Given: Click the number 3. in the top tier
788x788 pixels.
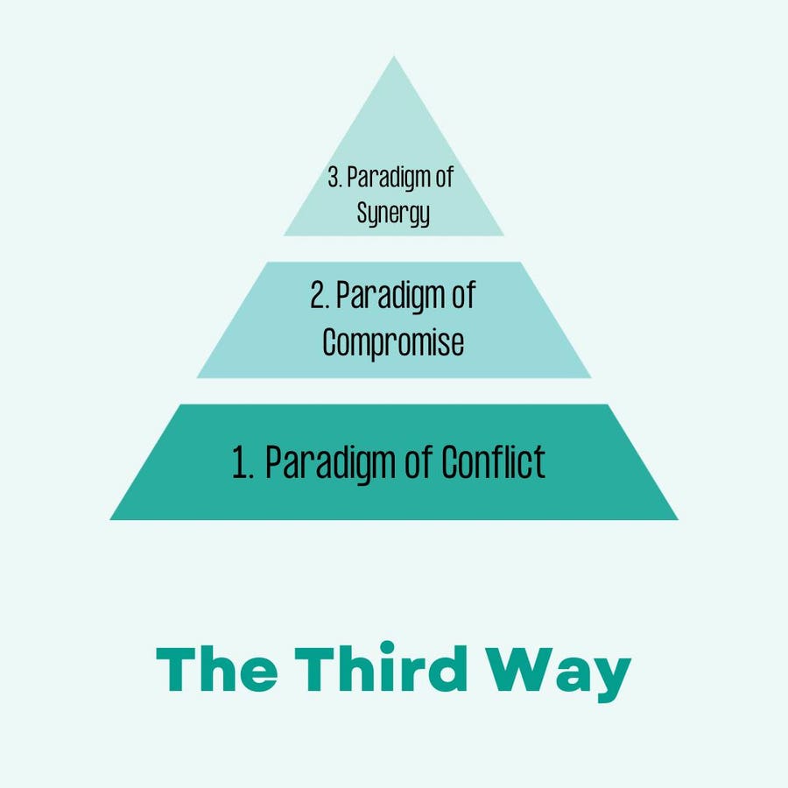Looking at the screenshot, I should [x=335, y=178].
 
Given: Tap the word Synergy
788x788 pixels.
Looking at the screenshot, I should [x=393, y=212].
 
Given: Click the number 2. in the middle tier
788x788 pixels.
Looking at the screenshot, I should [x=319, y=297].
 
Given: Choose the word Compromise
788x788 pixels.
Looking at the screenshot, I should [x=393, y=342].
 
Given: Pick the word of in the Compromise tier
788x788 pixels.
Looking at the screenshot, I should [x=461, y=296].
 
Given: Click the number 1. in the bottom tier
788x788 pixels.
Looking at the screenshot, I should [x=243, y=462].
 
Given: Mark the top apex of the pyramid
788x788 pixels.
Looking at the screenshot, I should [x=394, y=58].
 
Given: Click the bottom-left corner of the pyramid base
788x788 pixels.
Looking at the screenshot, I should [x=111, y=519].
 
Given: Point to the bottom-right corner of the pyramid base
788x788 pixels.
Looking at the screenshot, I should [x=677, y=519].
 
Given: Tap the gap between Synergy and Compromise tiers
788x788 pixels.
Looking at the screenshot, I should [x=394, y=249].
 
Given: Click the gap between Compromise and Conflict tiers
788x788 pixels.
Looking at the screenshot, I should [x=394, y=391].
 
